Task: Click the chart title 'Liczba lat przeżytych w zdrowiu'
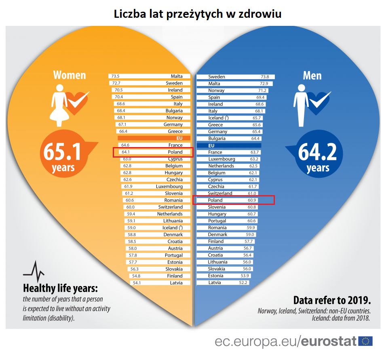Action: [x=197, y=13]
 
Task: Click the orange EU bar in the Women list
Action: [x=151, y=138]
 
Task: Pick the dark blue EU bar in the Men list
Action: [x=229, y=145]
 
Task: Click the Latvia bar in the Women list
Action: [x=160, y=283]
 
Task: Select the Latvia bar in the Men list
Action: [x=222, y=282]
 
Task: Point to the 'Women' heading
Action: [x=70, y=75]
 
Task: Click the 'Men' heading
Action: [x=312, y=75]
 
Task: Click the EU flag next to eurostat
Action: [x=365, y=341]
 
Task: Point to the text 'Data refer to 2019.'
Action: [x=332, y=301]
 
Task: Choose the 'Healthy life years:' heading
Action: [x=61, y=288]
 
